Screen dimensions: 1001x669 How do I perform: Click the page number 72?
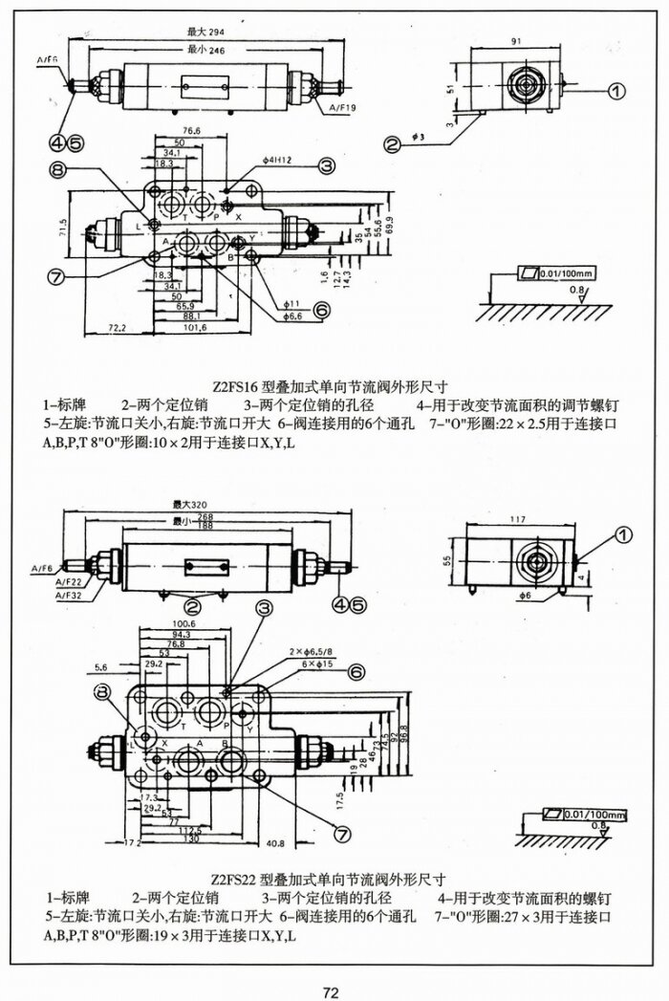(331, 967)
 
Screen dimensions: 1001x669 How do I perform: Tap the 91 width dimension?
(517, 42)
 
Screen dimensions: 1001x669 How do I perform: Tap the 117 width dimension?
(517, 520)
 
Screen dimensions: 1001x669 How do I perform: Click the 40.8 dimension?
(274, 844)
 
